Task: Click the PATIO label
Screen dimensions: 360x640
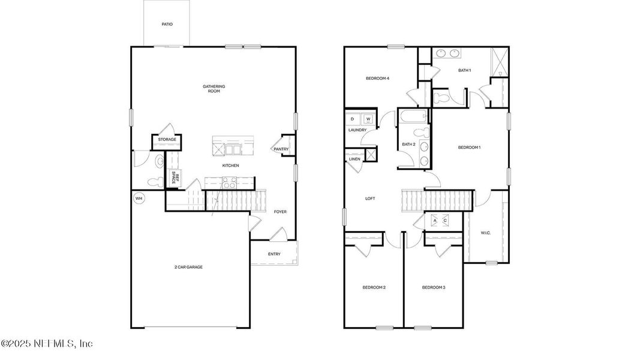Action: (x=167, y=25)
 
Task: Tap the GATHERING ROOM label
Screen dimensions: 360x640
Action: (x=214, y=89)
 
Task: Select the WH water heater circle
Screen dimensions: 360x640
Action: (x=139, y=199)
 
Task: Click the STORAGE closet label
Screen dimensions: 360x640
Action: (x=167, y=140)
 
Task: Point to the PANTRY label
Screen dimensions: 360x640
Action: (x=281, y=149)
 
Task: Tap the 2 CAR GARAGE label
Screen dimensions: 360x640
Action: (x=189, y=267)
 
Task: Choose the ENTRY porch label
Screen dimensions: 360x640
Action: (x=274, y=254)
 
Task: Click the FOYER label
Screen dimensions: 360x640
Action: (x=280, y=212)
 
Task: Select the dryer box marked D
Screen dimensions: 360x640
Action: (x=353, y=119)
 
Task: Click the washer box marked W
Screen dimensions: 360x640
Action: (x=368, y=119)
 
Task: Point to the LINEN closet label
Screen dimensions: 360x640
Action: (x=354, y=159)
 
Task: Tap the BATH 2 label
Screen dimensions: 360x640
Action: (x=408, y=145)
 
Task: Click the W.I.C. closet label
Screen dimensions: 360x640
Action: (x=486, y=233)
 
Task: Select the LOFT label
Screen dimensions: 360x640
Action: (x=370, y=199)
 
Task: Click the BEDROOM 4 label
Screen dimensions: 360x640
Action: (x=378, y=79)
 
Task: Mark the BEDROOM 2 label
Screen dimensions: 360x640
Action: (x=374, y=288)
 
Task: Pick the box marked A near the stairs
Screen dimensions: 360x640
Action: (x=434, y=220)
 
